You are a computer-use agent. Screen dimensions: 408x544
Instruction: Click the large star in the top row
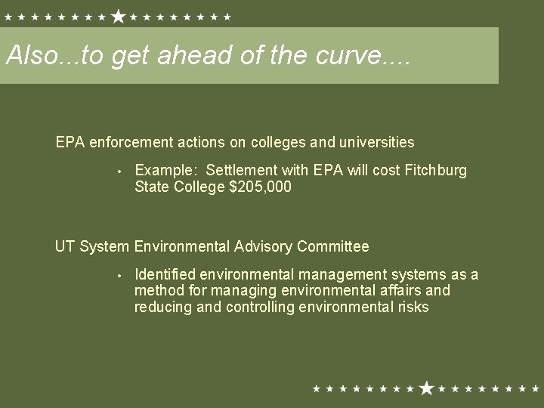tap(118, 16)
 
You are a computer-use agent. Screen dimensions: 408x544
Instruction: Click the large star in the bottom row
tap(426, 388)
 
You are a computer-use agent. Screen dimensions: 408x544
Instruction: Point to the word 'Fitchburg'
tap(436, 170)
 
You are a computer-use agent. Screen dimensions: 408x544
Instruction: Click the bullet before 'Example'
tap(119, 171)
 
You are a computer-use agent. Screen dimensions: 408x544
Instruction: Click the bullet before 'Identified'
tap(119, 275)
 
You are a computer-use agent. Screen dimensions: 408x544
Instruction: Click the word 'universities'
tap(377, 141)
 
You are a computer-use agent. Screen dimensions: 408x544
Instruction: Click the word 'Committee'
tap(332, 246)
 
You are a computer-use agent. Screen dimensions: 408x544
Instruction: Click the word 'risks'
tap(412, 307)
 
